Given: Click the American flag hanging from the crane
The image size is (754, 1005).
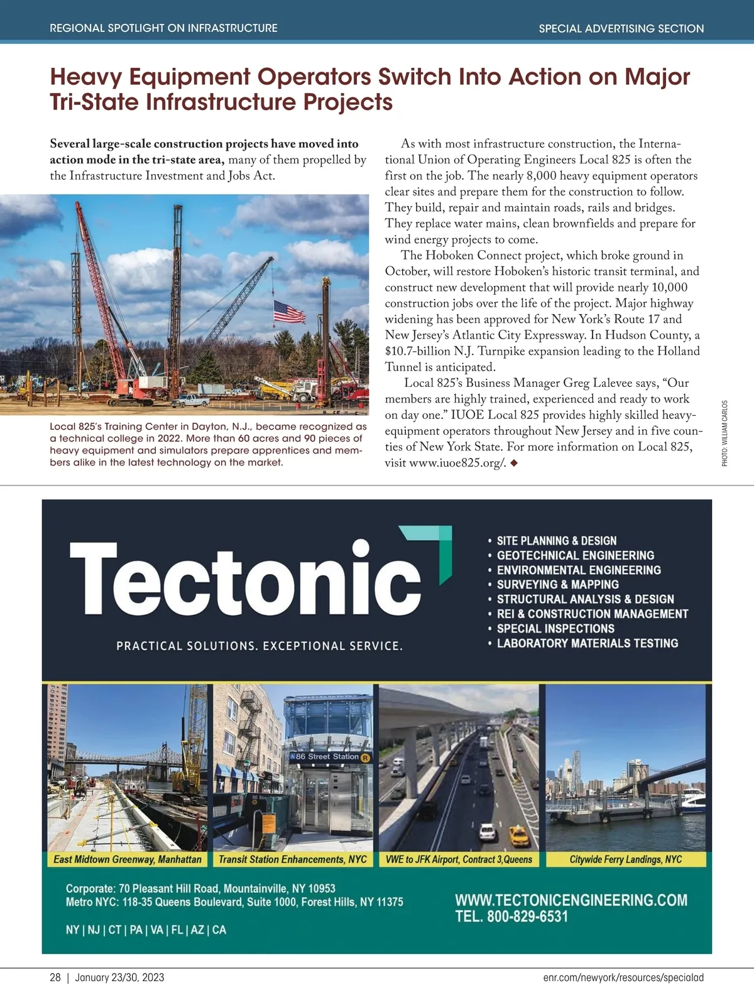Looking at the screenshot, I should click(289, 312).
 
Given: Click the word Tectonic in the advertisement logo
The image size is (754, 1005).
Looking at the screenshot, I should click(245, 579).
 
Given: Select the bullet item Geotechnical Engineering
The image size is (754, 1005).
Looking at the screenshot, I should click(575, 555).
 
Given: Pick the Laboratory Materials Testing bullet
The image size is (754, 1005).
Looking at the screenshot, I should click(587, 643).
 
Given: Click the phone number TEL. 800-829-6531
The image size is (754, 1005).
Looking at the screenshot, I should click(511, 916).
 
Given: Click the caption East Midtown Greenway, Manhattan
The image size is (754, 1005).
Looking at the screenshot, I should click(128, 859).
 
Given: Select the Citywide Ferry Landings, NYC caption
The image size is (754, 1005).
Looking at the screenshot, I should click(625, 859).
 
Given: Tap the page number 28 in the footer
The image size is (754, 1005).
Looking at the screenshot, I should click(55, 977).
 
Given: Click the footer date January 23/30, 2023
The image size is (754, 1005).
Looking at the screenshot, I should click(119, 977).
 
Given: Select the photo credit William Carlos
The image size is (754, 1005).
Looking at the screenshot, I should click(724, 433).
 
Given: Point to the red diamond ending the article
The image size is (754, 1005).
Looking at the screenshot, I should click(514, 463).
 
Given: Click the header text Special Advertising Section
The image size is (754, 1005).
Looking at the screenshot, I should click(621, 28).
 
